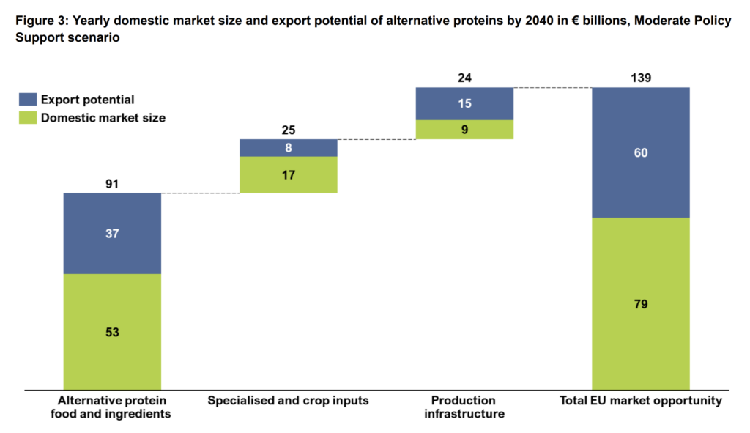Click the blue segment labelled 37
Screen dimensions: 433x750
(x=112, y=233)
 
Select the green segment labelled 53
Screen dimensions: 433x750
(x=112, y=331)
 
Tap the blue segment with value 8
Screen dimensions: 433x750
(x=289, y=147)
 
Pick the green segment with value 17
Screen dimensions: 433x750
(x=289, y=174)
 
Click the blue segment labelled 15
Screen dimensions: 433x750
(x=464, y=103)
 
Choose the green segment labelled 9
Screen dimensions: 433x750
(x=464, y=129)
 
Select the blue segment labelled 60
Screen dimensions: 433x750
(x=641, y=152)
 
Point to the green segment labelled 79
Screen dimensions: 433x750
(x=641, y=303)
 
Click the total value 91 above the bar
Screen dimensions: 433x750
(x=112, y=184)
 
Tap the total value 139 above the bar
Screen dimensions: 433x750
(x=641, y=78)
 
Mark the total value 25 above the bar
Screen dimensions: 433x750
(x=289, y=130)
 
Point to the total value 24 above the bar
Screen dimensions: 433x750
(x=464, y=78)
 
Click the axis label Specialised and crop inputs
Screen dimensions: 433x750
(x=288, y=401)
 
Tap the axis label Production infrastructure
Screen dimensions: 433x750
(x=464, y=407)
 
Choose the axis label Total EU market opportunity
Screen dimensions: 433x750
(x=642, y=401)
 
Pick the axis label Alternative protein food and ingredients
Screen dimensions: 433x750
(x=113, y=407)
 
